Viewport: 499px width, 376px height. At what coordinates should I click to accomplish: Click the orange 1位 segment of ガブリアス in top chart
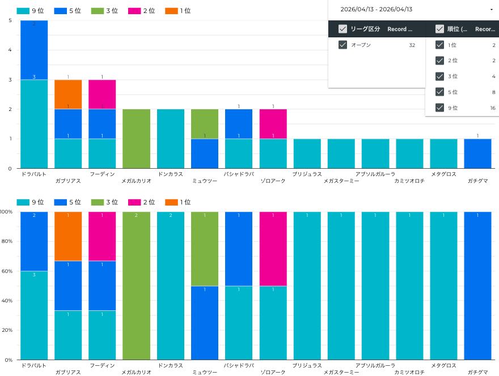point(68,94)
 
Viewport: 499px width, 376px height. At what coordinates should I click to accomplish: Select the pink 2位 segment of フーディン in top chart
point(102,94)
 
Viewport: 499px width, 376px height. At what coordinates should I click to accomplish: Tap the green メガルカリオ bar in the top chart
point(136,139)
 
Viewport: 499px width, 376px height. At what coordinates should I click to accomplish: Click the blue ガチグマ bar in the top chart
point(478,153)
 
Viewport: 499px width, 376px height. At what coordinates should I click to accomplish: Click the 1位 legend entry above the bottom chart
point(177,202)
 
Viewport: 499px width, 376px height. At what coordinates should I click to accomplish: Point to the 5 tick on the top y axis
point(10,20)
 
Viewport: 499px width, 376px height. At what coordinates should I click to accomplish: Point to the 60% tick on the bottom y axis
point(7,271)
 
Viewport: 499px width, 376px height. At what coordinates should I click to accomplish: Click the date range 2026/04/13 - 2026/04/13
point(377,10)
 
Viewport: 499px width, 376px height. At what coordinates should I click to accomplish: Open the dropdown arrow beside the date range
point(491,10)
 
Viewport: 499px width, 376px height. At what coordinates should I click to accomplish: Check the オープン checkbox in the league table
point(342,45)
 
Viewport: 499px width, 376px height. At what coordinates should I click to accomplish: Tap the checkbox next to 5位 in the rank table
point(439,92)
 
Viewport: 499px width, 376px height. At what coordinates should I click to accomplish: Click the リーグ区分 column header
point(365,29)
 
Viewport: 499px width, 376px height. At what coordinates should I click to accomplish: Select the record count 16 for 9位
point(492,108)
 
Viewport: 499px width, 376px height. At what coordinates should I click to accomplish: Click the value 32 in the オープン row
point(412,45)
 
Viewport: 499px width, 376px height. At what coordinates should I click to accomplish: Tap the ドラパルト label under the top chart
point(33,174)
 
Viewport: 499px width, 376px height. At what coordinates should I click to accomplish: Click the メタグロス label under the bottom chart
point(443,366)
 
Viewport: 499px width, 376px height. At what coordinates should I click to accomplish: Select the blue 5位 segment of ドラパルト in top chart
point(34,50)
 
